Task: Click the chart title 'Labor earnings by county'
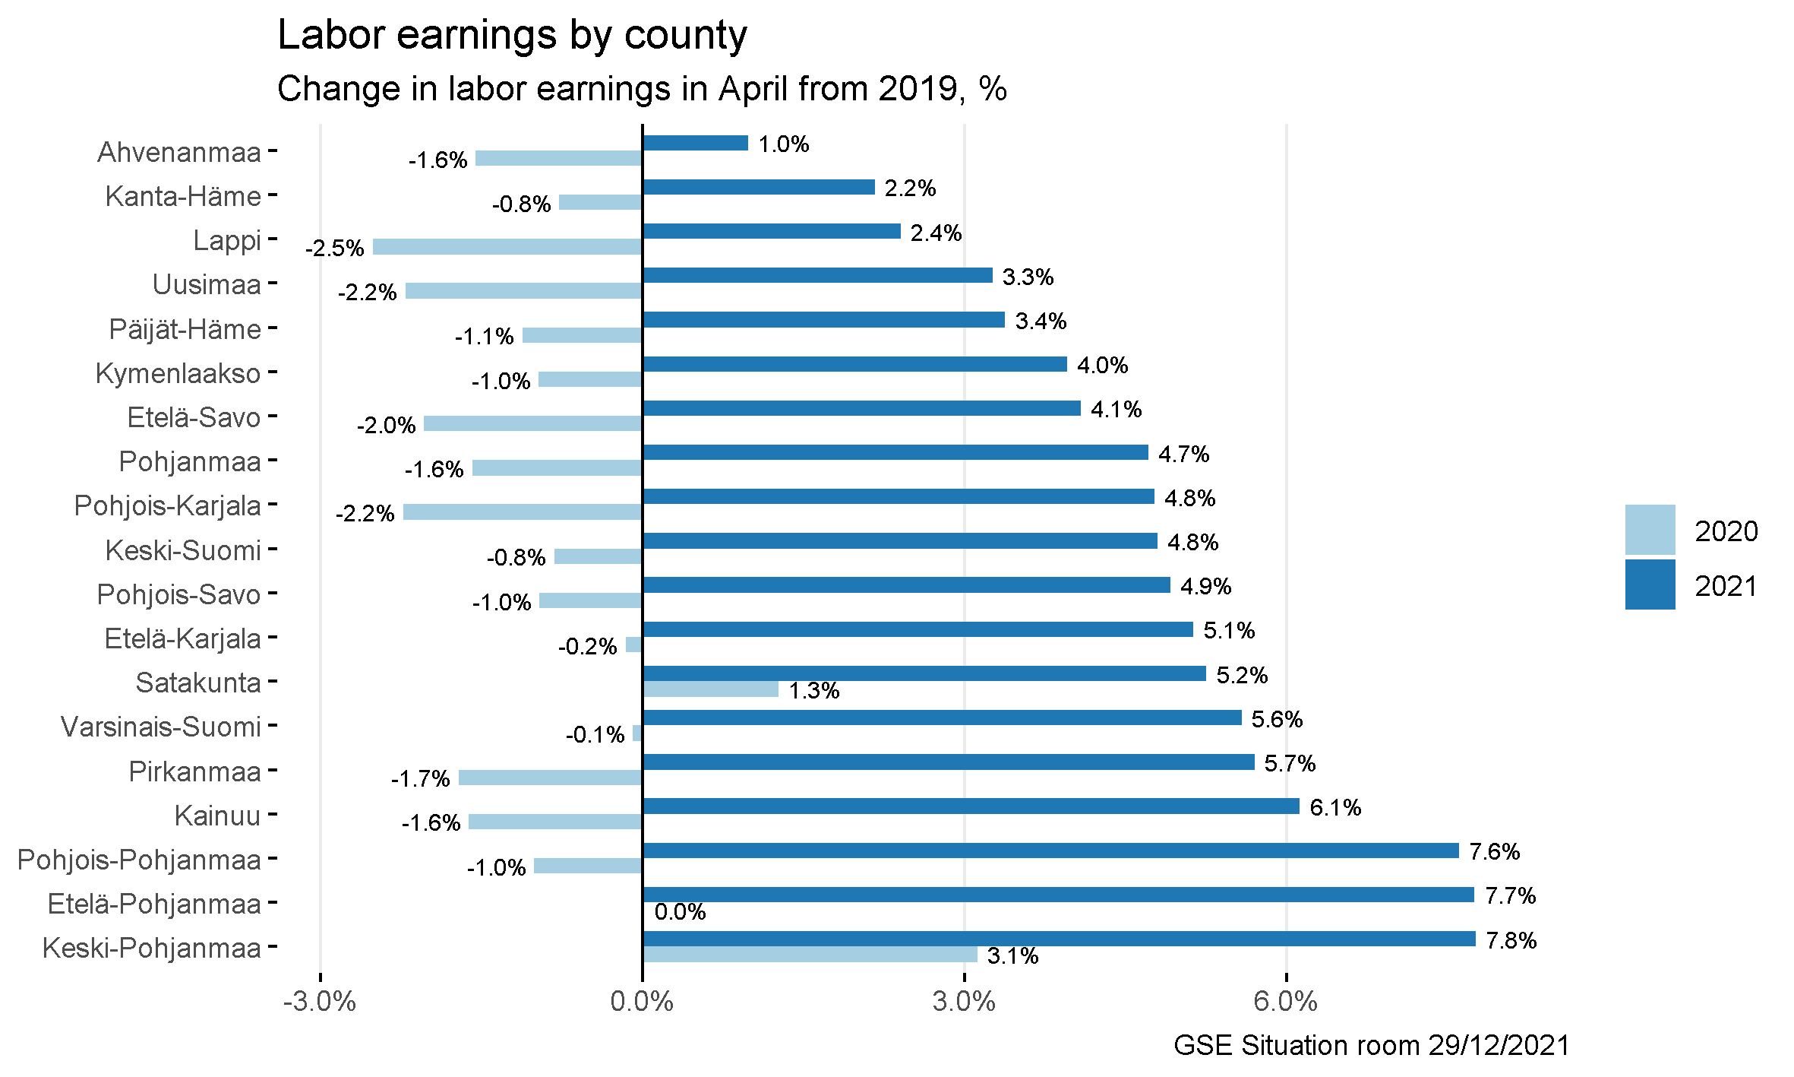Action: pyautogui.click(x=512, y=36)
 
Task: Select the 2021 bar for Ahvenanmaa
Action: pyautogui.click(x=695, y=143)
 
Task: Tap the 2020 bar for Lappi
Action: pyautogui.click(x=507, y=247)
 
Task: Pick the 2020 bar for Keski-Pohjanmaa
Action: pyautogui.click(x=810, y=955)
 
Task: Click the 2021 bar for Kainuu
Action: pyautogui.click(x=971, y=806)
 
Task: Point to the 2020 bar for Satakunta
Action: pyautogui.click(x=710, y=689)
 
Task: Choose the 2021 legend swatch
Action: pyautogui.click(x=1650, y=584)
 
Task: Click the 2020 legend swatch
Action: pyautogui.click(x=1650, y=530)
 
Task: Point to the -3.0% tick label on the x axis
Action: pyautogui.click(x=320, y=1002)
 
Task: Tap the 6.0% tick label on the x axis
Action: pyautogui.click(x=1286, y=1002)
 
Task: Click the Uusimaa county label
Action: pyautogui.click(x=207, y=285)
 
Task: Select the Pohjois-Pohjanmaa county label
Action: pyautogui.click(x=139, y=860)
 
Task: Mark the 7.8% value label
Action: pyautogui.click(x=1511, y=941)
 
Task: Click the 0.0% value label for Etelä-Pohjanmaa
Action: pyautogui.click(x=680, y=912)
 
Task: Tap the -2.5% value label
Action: pyautogui.click(x=335, y=249)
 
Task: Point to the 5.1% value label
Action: pyautogui.click(x=1229, y=631)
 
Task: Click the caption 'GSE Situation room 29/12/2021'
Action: pyautogui.click(x=1371, y=1046)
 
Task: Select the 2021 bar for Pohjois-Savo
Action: pyautogui.click(x=906, y=585)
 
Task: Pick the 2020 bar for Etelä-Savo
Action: pyautogui.click(x=533, y=423)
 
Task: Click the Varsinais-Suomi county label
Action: pyautogui.click(x=161, y=727)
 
